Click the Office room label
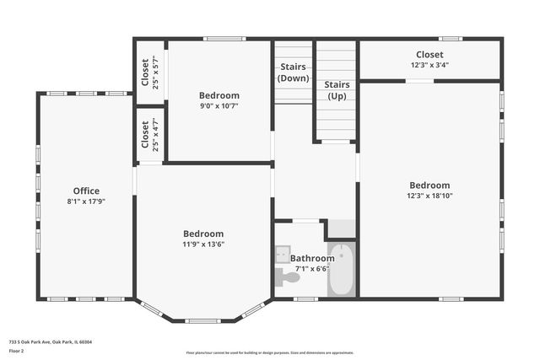pos(86,191)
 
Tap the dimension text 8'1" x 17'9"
pos(86,201)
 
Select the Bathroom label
pos(312,259)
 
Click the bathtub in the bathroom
pos(341,269)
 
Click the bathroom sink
pos(283,254)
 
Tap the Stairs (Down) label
pos(293,73)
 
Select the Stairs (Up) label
pos(337,90)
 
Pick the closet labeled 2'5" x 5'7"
pos(149,73)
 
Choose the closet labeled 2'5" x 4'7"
pos(149,134)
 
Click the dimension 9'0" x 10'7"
pos(219,106)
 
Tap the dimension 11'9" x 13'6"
pos(203,244)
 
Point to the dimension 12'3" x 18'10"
pos(429,196)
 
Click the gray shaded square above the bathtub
pos(341,228)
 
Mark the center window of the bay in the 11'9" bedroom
pos(203,320)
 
